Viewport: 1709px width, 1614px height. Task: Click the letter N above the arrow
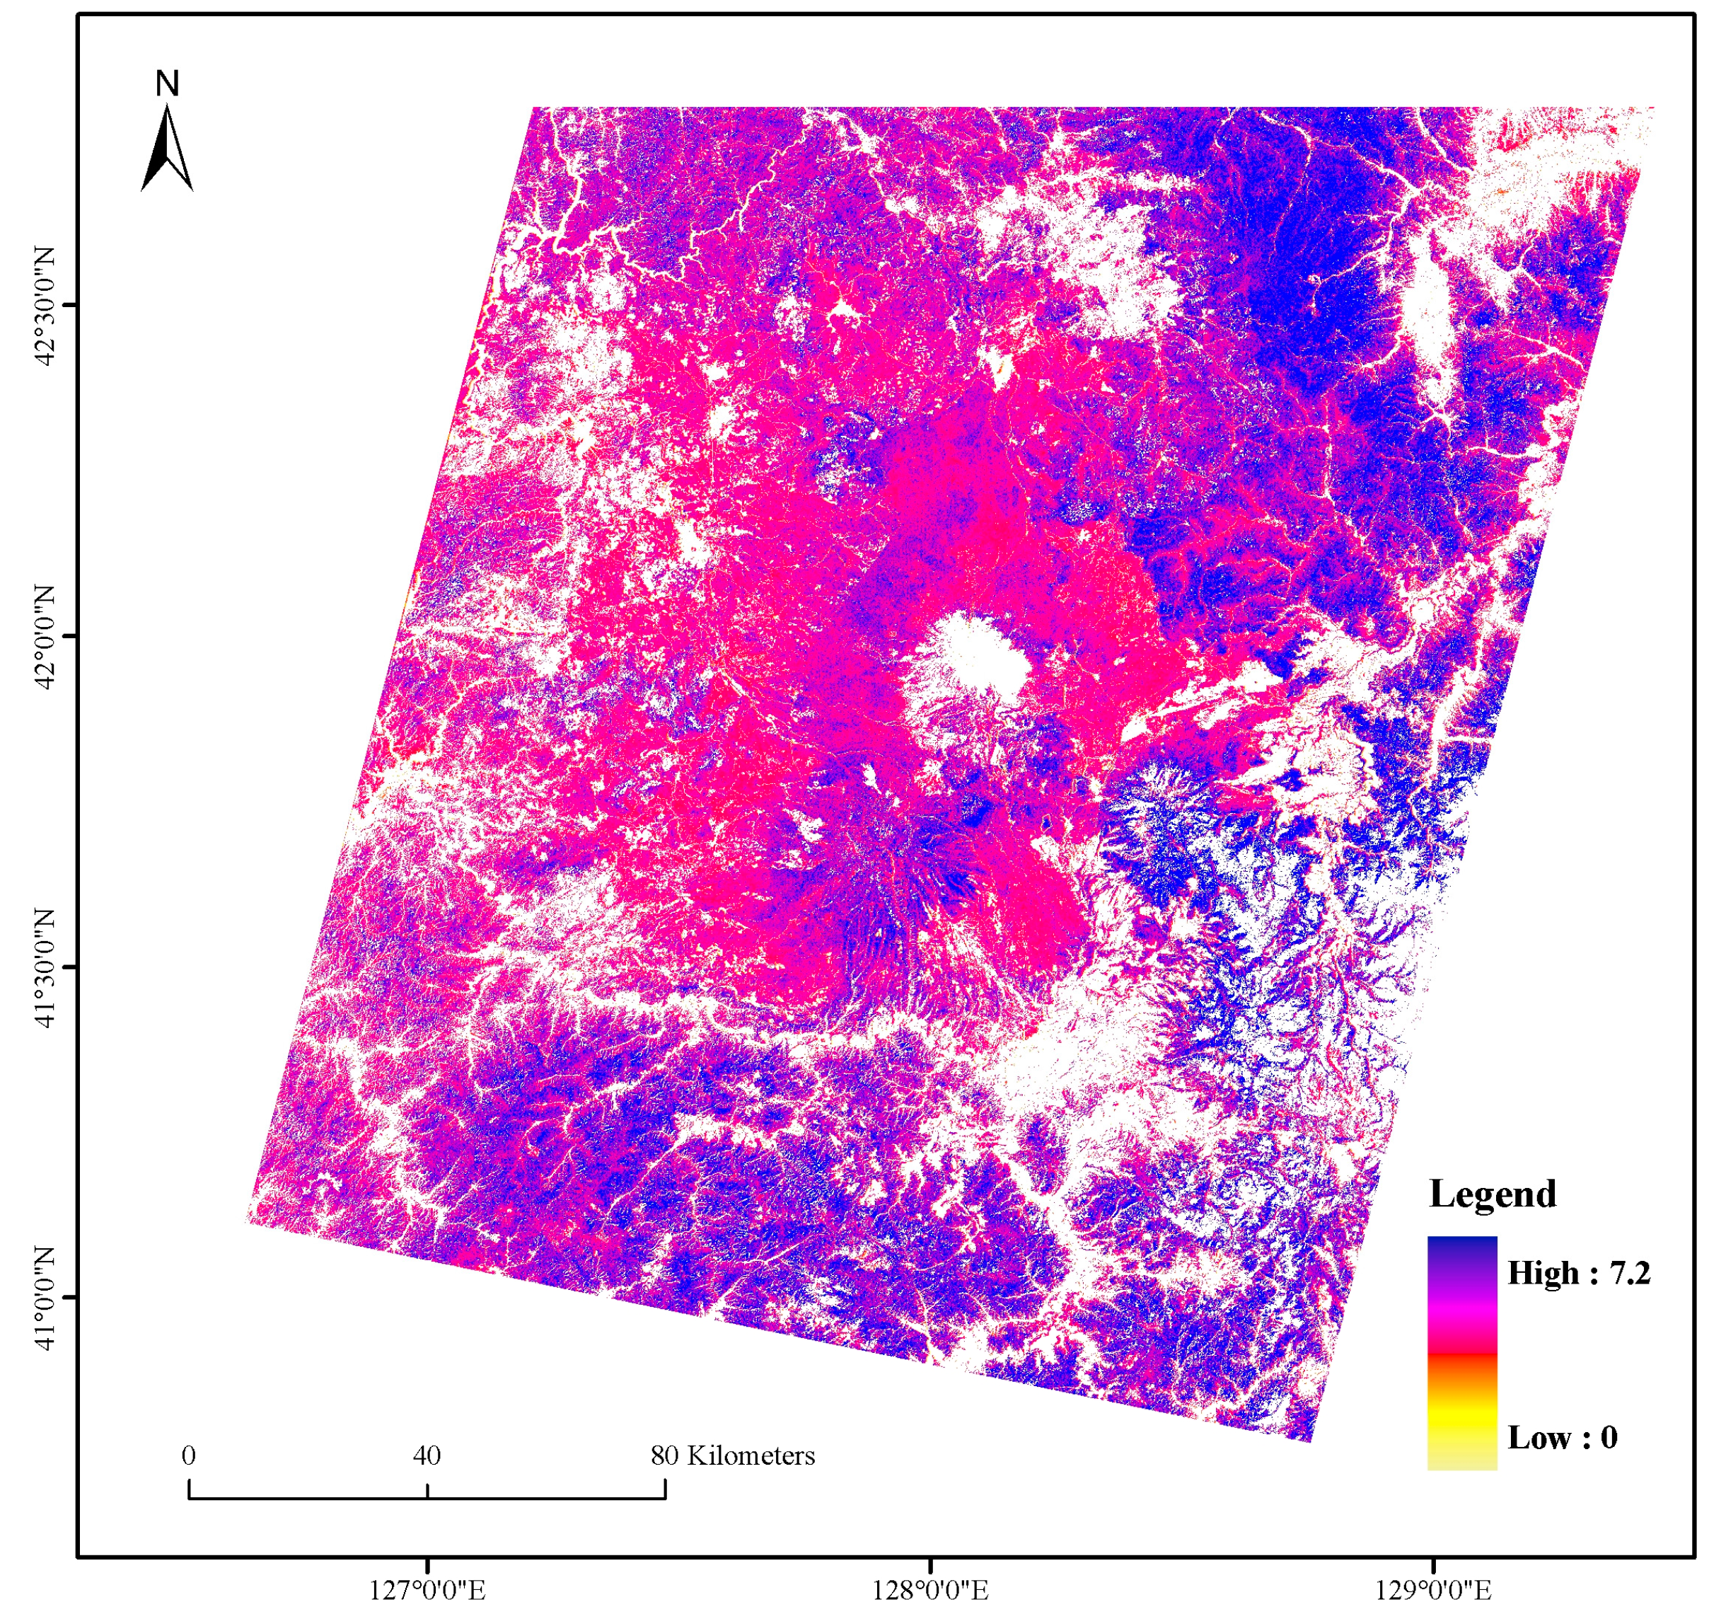coord(167,83)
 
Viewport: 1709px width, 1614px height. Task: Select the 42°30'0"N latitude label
coord(44,306)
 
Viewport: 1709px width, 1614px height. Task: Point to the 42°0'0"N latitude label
coord(44,637)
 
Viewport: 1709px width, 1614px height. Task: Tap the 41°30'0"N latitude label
coord(44,967)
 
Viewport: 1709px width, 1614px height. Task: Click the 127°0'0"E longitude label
coord(427,1589)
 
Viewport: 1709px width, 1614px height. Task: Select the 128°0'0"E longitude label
coord(929,1589)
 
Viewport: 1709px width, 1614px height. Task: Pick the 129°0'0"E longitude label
coord(1433,1589)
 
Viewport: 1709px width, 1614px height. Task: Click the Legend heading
coord(1493,1194)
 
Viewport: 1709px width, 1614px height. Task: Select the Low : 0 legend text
coord(1562,1438)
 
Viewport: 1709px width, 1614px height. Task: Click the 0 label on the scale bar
coord(188,1456)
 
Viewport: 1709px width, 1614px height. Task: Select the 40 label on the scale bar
coord(427,1456)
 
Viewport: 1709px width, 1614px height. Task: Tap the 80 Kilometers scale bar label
coord(732,1456)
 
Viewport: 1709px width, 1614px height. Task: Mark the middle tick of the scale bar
coord(427,1489)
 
